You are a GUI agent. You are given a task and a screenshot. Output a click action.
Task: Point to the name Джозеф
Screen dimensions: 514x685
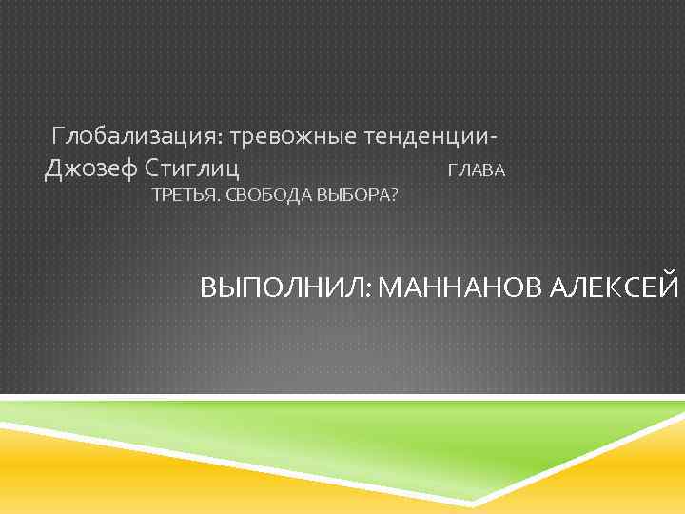tap(90, 170)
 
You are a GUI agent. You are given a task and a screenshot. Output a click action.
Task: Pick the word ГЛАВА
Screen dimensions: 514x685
tap(476, 172)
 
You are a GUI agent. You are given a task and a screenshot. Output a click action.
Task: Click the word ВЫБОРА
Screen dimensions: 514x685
tap(357, 196)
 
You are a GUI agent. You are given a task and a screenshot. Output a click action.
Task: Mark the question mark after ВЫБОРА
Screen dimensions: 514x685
tap(394, 196)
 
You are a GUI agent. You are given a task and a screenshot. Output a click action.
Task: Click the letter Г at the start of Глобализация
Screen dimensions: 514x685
tap(59, 138)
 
